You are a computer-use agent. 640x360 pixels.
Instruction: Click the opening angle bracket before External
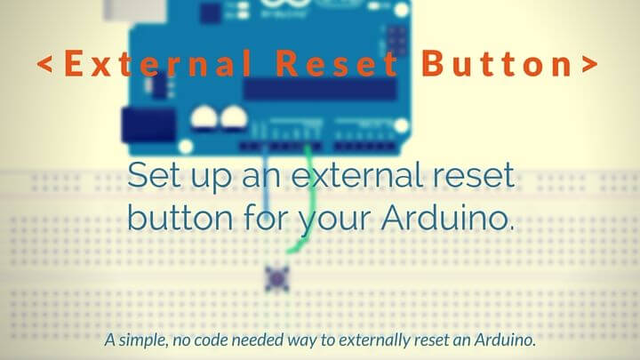tap(44, 65)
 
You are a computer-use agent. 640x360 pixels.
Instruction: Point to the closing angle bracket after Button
tap(588, 65)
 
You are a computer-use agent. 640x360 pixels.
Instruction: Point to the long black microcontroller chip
tap(320, 90)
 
